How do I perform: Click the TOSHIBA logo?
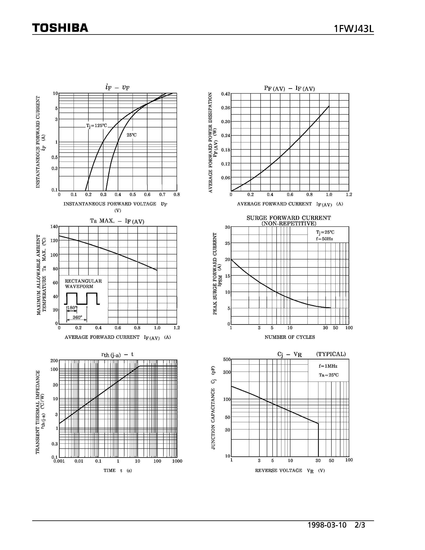tap(60, 28)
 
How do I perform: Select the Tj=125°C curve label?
tap(97, 126)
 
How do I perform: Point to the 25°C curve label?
tap(131, 135)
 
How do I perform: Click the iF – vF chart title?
tap(117, 87)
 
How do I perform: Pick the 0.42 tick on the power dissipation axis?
tap(226, 94)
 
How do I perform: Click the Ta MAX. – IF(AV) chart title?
tap(117, 221)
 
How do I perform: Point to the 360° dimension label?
tap(77, 318)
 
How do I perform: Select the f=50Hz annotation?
tap(325, 239)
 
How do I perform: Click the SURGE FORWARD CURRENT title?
tap(289, 218)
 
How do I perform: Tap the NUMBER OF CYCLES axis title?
tap(290, 337)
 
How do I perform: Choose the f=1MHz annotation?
tap(328, 366)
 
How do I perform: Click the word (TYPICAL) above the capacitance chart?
tap(331, 354)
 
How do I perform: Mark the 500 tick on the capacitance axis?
tap(227, 359)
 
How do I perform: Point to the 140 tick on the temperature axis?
tap(54, 226)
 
